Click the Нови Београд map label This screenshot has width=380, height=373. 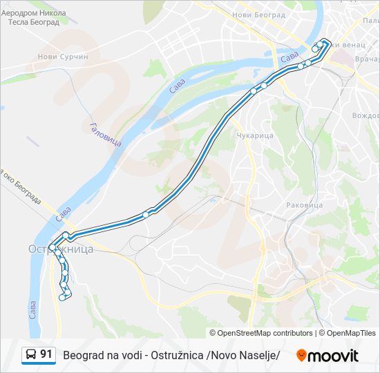tap(259, 15)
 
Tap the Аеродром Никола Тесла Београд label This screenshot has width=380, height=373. tap(37, 17)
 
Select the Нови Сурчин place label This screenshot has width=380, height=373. tap(63, 57)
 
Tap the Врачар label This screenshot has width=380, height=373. tap(366, 61)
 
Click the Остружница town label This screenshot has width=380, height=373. tap(61, 249)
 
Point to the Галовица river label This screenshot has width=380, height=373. tap(96, 134)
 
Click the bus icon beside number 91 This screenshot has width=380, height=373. tap(30, 355)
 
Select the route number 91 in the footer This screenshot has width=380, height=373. tap(46, 354)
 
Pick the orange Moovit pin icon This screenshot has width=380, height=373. tap(301, 355)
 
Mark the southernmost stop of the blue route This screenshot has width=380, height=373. tap(62, 298)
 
